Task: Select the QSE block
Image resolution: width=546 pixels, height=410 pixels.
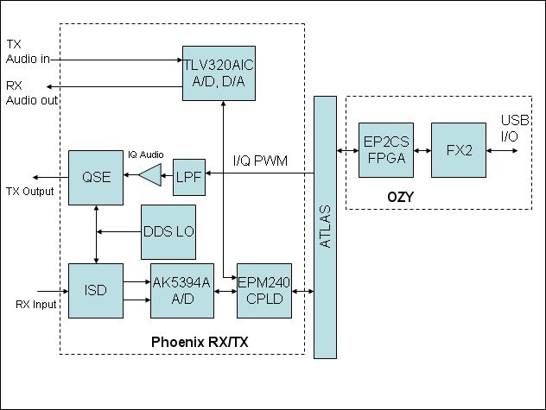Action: tap(95, 176)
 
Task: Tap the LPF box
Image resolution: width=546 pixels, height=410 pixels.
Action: tap(187, 175)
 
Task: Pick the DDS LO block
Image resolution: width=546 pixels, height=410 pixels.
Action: tap(168, 232)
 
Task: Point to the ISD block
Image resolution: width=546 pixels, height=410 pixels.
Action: tap(95, 290)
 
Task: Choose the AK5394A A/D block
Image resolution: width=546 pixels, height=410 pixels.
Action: tap(182, 290)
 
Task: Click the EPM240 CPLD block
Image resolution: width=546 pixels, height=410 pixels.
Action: tap(265, 290)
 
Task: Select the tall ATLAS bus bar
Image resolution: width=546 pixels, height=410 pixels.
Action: tap(325, 227)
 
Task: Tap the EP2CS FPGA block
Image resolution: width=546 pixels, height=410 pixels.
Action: tap(386, 150)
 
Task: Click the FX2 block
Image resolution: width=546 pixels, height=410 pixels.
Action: tap(459, 150)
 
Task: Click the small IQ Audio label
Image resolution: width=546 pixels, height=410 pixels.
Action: tap(146, 148)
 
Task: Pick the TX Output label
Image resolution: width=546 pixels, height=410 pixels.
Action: tap(29, 191)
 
